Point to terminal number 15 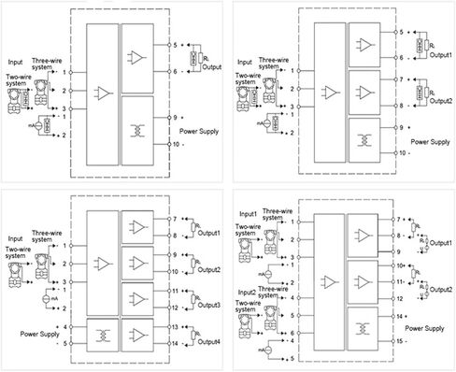[x=397, y=340]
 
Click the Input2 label [x=250, y=293]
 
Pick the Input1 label [x=250, y=213]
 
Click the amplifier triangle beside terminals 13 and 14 [x=138, y=333]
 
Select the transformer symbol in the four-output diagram [x=101, y=333]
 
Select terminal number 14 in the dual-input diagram [x=397, y=318]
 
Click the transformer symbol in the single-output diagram [x=138, y=132]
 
